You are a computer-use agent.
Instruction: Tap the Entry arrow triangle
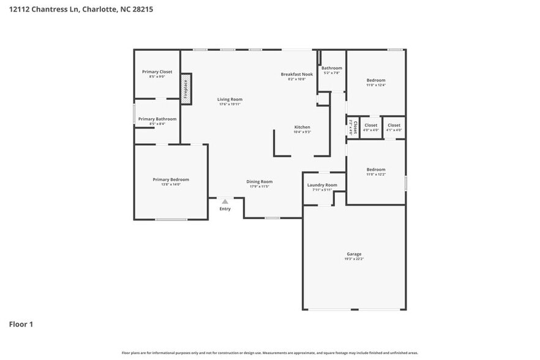tap(225, 201)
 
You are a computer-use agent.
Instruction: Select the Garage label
tap(354, 254)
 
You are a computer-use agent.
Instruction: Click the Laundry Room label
tap(322, 185)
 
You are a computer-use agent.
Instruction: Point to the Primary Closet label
tap(157, 72)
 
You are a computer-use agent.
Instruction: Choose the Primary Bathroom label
tap(157, 119)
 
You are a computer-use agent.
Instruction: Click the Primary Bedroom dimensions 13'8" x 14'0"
tap(171, 184)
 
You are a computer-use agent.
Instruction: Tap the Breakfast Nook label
tap(297, 74)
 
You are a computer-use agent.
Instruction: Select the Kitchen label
tap(302, 127)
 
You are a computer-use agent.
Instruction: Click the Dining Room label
tap(259, 181)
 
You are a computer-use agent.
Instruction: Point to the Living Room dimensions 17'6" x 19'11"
tap(230, 104)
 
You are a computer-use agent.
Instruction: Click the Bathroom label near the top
tap(332, 68)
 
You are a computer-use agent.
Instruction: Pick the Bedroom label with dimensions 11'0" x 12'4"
tap(376, 80)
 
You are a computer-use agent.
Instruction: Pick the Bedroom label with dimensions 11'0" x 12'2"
tap(376, 170)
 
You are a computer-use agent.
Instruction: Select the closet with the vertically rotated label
tap(353, 127)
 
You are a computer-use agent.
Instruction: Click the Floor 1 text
tap(21, 324)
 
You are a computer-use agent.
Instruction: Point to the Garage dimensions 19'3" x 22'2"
tap(354, 259)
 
